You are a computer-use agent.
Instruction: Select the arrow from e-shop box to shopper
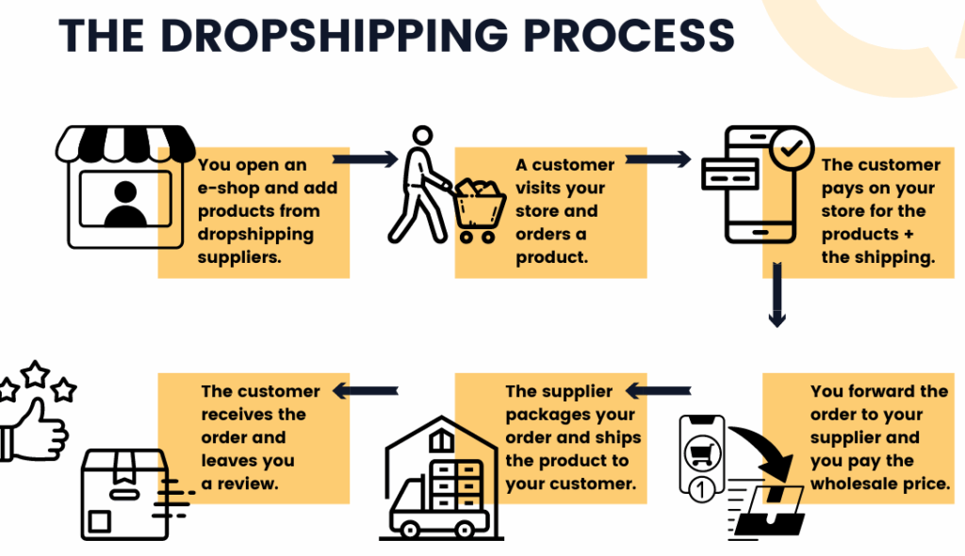tap(366, 159)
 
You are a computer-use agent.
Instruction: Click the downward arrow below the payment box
tap(777, 297)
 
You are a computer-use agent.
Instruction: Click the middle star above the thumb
tap(36, 375)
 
